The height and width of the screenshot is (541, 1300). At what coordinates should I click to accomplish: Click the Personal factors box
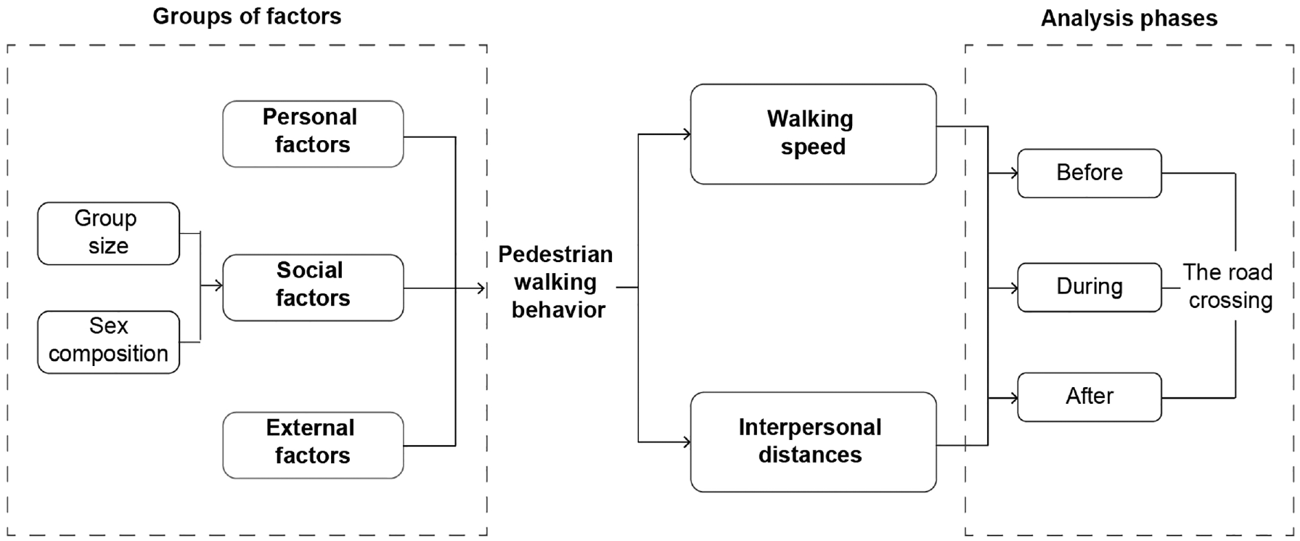pyautogui.click(x=313, y=134)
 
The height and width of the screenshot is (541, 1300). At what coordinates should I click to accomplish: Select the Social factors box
pyautogui.click(x=313, y=288)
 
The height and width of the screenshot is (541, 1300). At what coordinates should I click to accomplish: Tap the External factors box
pyautogui.click(x=313, y=445)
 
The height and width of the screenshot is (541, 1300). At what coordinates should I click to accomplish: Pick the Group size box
pyautogui.click(x=108, y=233)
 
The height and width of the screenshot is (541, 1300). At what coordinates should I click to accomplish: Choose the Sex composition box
pyautogui.click(x=108, y=342)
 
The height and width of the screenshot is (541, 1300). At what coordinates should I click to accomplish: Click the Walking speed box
pyautogui.click(x=813, y=134)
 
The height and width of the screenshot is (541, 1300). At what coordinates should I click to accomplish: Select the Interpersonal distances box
pyautogui.click(x=813, y=442)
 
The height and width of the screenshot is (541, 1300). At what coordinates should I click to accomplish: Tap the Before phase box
pyautogui.click(x=1089, y=173)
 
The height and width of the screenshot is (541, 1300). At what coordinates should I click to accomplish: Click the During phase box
pyautogui.click(x=1089, y=288)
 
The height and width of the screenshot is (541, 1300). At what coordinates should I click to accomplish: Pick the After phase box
pyautogui.click(x=1089, y=396)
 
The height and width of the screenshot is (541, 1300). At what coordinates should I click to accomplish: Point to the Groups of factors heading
pyautogui.click(x=247, y=17)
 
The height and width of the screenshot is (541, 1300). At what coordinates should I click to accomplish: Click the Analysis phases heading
pyautogui.click(x=1129, y=18)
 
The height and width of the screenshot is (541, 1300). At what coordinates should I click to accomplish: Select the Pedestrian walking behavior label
pyautogui.click(x=556, y=282)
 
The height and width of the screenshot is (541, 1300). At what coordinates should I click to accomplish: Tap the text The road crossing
pyautogui.click(x=1228, y=286)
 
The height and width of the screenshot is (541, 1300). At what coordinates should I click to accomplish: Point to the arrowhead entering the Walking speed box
pyautogui.click(x=685, y=134)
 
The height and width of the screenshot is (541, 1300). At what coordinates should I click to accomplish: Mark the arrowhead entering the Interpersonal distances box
pyautogui.click(x=685, y=442)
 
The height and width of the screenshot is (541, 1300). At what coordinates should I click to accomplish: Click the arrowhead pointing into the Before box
pyautogui.click(x=1013, y=173)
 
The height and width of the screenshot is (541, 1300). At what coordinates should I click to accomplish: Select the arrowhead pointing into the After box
pyautogui.click(x=1013, y=397)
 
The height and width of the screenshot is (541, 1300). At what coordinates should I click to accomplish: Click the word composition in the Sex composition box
pyautogui.click(x=108, y=354)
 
